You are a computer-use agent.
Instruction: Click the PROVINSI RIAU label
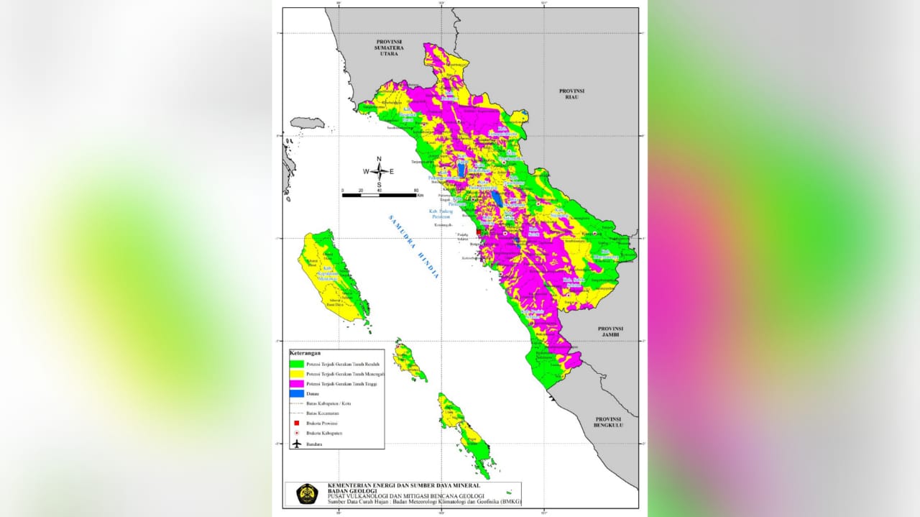coord(573,95)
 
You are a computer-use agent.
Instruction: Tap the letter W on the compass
coord(366,172)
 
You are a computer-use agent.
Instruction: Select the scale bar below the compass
coord(379,194)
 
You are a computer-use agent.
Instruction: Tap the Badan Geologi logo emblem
coord(307,494)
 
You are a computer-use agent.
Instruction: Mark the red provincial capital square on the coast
coord(479,232)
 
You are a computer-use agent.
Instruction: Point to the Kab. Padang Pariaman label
coord(440,214)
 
